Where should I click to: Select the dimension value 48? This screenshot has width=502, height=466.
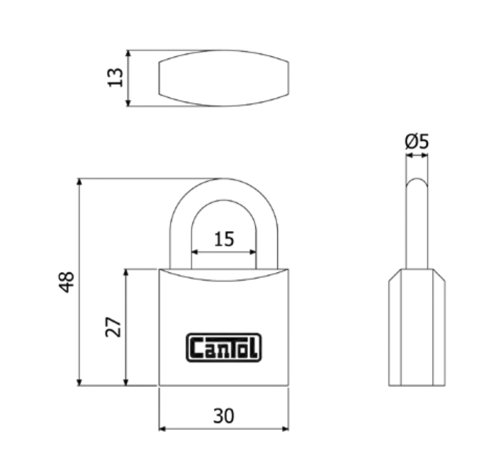point(67,282)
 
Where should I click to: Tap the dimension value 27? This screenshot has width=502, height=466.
point(113,327)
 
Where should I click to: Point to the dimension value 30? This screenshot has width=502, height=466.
point(224,416)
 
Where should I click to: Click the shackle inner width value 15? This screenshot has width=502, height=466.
point(224,239)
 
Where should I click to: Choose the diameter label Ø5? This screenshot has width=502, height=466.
point(417,141)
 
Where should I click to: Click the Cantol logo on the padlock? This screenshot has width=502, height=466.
point(224,347)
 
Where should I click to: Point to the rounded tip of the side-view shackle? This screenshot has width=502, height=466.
point(417,182)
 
